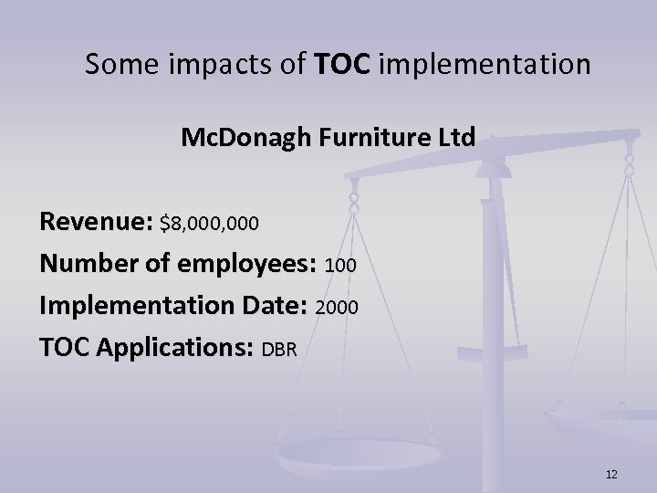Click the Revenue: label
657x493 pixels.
point(96,222)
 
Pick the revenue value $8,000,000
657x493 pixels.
point(209,223)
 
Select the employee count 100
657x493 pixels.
point(340,265)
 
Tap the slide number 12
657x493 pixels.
point(611,474)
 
